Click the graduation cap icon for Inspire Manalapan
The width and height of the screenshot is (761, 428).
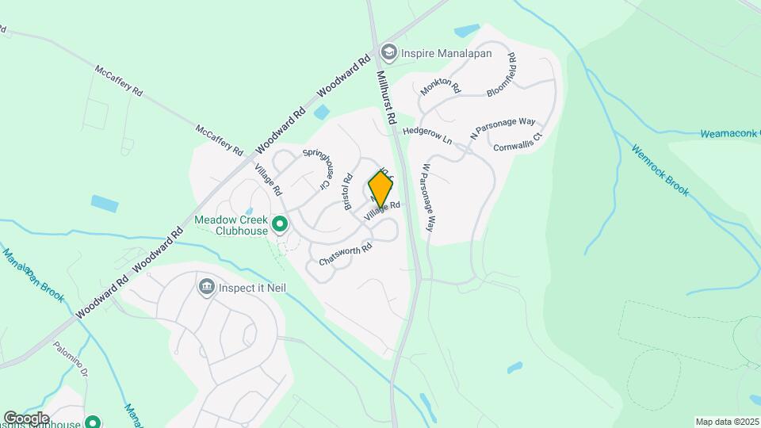tap(388, 52)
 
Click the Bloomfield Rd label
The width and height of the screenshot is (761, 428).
tap(502, 75)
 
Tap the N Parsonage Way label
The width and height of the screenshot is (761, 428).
tap(503, 129)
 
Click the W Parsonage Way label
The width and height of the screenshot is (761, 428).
tap(428, 197)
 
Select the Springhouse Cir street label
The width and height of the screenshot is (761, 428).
tap(315, 169)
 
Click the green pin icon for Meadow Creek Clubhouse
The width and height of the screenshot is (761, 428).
tap(279, 226)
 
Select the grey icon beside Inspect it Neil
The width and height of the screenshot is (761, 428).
tap(206, 285)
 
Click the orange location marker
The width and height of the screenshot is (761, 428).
tap(380, 190)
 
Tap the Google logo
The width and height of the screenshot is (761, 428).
tap(26, 418)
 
